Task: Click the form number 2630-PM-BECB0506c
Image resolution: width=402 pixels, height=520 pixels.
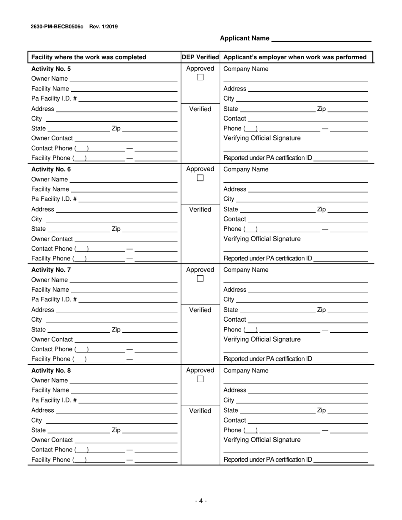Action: click(57, 27)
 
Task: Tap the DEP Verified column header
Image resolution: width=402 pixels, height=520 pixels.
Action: click(200, 57)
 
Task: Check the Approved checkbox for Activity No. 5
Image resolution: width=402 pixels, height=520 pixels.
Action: click(200, 77)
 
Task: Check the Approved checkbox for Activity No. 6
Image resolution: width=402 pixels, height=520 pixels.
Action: click(200, 178)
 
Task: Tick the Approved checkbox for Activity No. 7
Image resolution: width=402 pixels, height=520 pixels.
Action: click(200, 279)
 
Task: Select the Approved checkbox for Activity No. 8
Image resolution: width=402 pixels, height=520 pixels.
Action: click(200, 379)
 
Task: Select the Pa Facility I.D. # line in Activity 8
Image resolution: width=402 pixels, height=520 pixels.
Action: click(128, 400)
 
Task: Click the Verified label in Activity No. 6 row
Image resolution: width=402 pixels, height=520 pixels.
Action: click(200, 209)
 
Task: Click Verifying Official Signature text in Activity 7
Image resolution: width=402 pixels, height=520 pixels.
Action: click(262, 339)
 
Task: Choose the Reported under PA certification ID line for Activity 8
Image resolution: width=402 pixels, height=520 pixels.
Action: click(341, 460)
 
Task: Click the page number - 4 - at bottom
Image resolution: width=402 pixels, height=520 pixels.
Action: click(201, 501)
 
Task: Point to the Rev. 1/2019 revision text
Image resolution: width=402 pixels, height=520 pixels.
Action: click(104, 27)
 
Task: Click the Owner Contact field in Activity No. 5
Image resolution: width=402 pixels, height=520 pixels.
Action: click(126, 138)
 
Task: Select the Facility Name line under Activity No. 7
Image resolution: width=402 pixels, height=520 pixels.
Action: click(124, 290)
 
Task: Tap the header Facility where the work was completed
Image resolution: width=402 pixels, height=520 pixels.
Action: click(89, 57)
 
